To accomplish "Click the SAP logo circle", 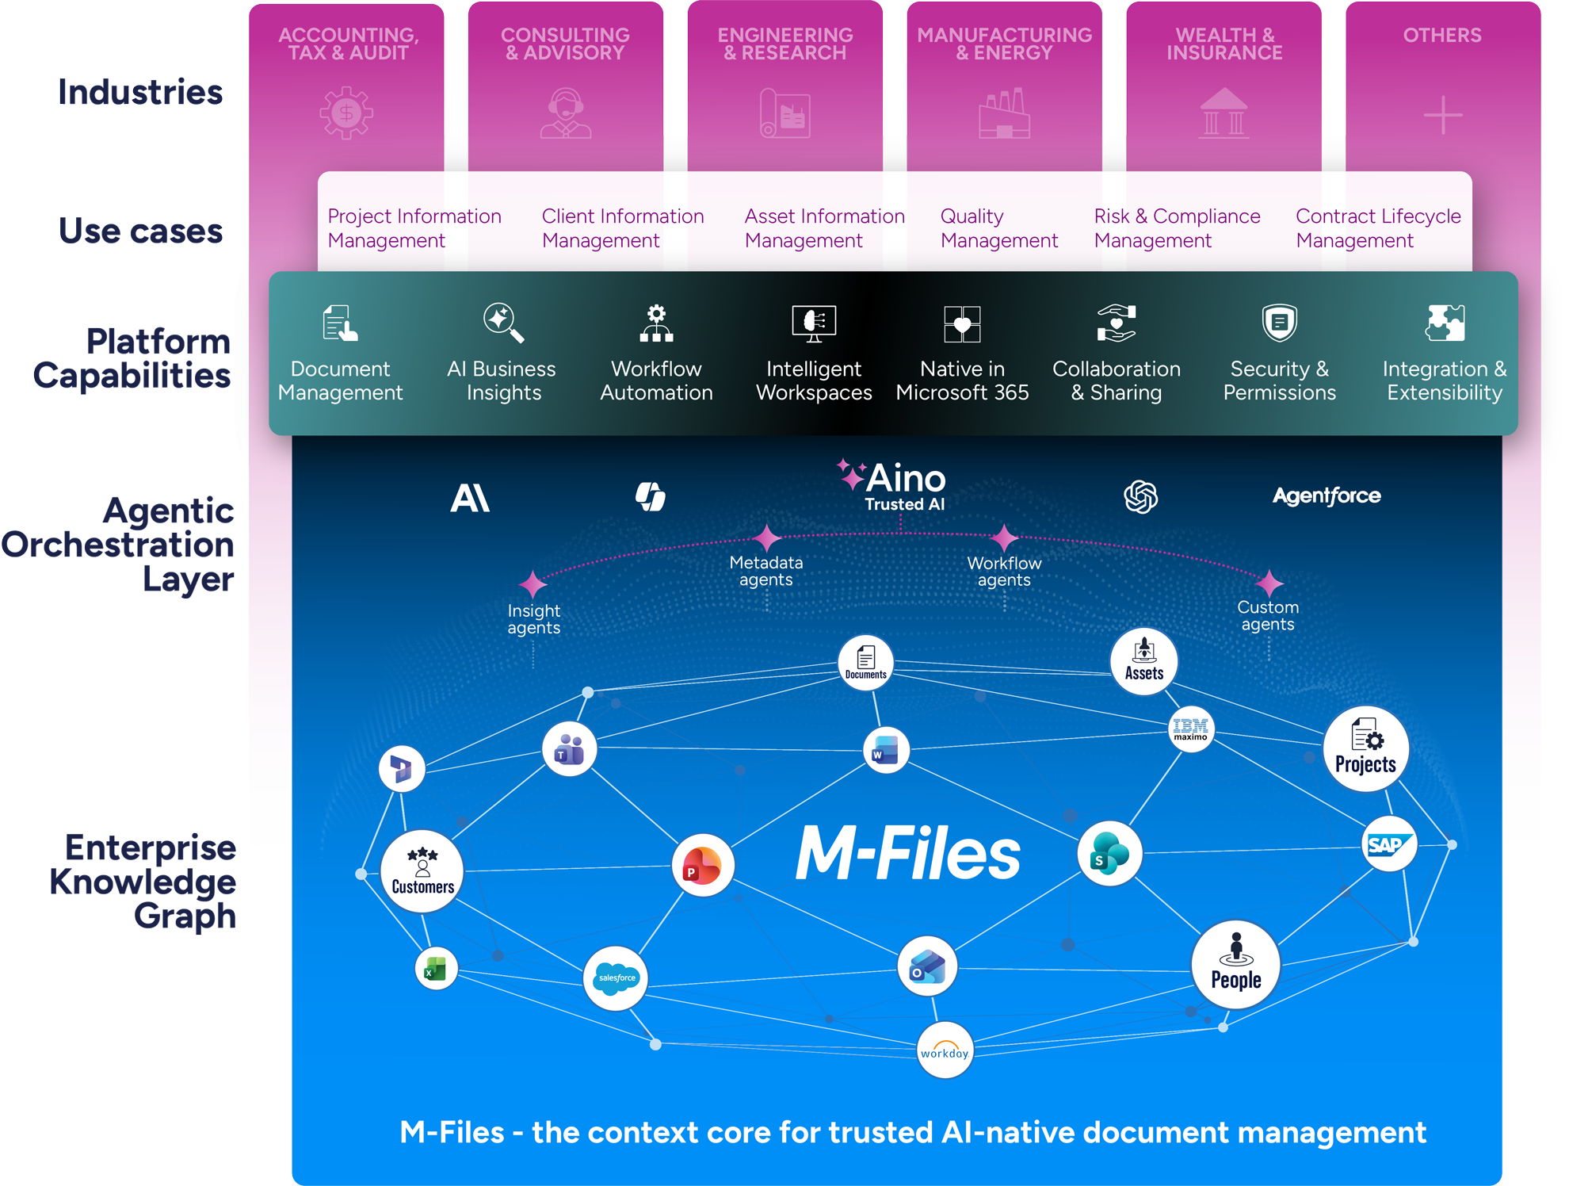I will click(1388, 844).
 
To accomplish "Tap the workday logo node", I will click(944, 1051).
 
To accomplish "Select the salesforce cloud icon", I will click(616, 977).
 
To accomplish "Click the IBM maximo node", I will click(1190, 729).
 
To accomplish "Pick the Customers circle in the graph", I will click(422, 871).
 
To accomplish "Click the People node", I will click(1235, 965).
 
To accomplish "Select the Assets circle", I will click(1143, 661).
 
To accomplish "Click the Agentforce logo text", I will click(1327, 496).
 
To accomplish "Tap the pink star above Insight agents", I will click(533, 585).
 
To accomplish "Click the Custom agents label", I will click(1268, 615).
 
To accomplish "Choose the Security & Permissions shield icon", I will click(1279, 323).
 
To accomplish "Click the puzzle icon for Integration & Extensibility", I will click(1445, 323).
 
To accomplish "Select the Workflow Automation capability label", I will click(656, 381).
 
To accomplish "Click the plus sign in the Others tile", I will click(1442, 116).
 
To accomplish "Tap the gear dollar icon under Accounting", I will click(346, 113).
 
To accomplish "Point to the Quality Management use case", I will click(998, 228).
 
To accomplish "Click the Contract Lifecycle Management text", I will click(1377, 228).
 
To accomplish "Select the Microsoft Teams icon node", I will click(569, 749).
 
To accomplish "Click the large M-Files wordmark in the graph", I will click(907, 854).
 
